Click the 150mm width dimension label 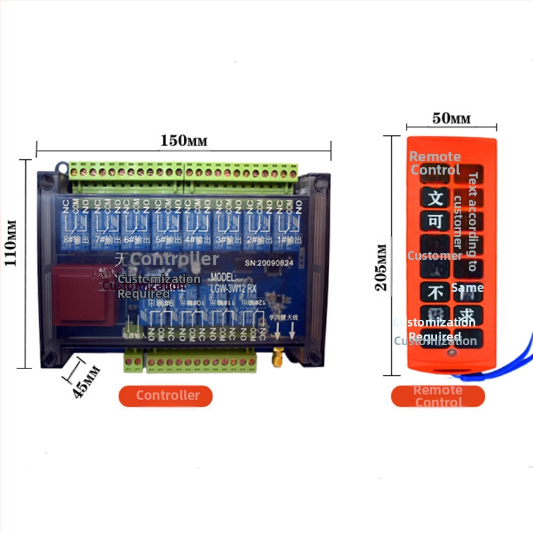click(183, 141)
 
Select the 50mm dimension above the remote click(451, 119)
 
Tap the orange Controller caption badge click(167, 396)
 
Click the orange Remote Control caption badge click(438, 396)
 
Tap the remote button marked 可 click(436, 222)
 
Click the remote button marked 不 click(436, 292)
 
